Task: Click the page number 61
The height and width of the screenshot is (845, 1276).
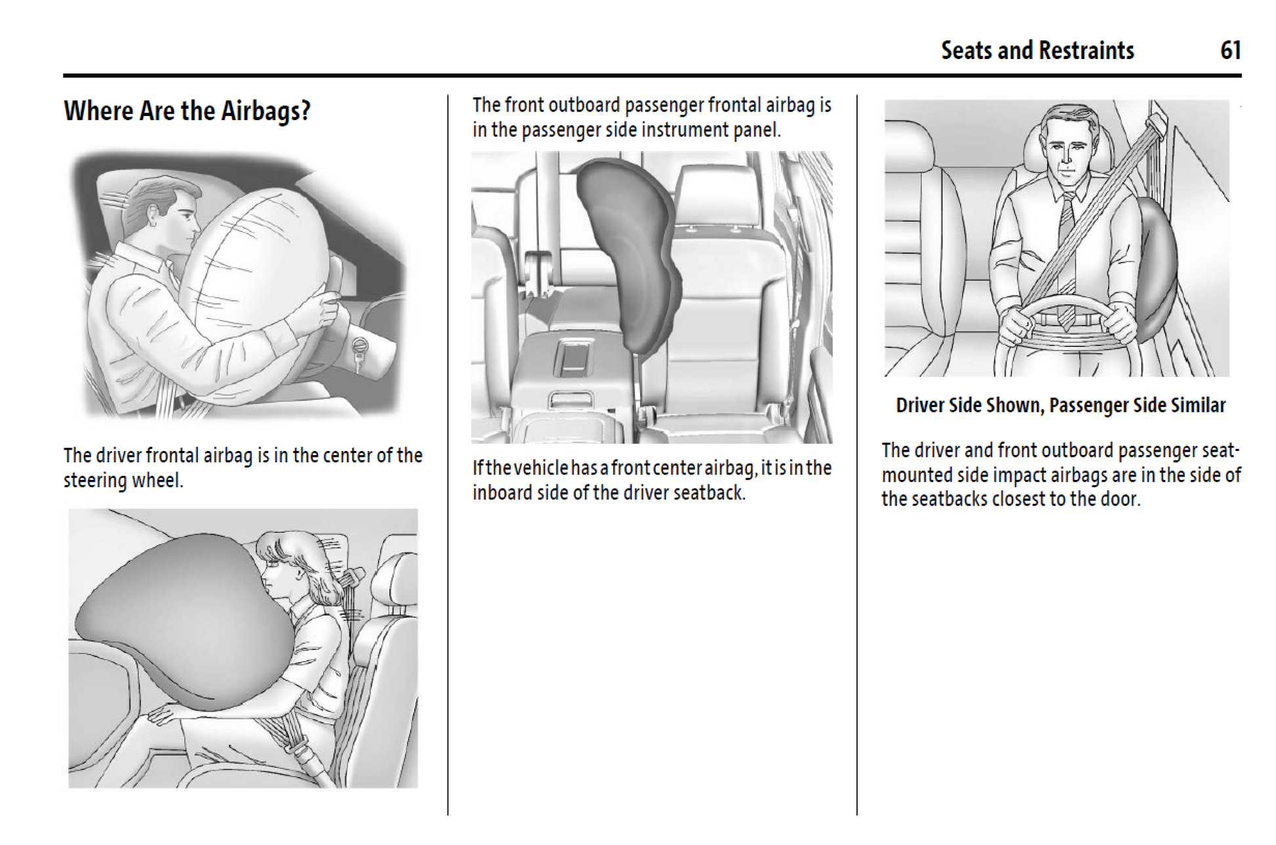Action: pos(1230,50)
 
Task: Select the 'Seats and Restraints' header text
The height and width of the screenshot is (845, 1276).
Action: pos(1037,50)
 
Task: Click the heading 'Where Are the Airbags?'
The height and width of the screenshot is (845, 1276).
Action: pos(187,111)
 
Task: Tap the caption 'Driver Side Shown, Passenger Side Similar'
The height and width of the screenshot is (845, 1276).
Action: pos(1060,405)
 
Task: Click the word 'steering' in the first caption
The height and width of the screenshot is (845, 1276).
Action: pos(96,481)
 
